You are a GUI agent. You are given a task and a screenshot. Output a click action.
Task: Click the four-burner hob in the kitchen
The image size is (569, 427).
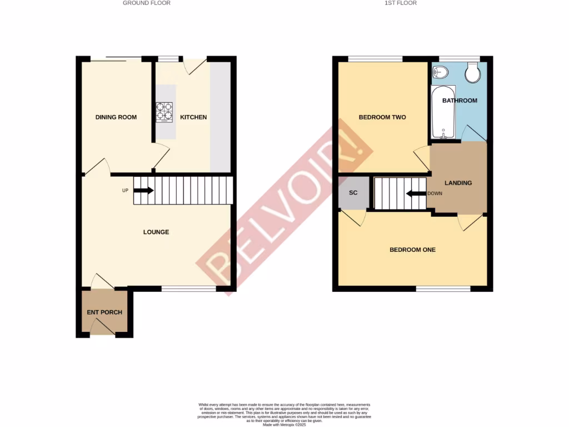164,112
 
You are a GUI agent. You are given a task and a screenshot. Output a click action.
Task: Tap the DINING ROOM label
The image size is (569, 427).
116,117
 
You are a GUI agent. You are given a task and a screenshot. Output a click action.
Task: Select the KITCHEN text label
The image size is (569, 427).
193,117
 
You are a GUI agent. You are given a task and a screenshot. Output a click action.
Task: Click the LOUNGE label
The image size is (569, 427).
156,232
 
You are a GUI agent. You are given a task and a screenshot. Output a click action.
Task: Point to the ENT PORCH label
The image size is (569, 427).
104,312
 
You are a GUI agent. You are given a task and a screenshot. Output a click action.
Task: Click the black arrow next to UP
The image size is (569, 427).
143,191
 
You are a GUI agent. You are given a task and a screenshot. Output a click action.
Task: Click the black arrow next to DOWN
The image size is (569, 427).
416,194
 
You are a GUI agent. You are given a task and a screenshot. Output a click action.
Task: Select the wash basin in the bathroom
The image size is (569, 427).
440,72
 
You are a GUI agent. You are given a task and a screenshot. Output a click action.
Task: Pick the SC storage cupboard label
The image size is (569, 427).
353,193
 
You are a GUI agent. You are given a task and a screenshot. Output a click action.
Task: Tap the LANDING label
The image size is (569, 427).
458,183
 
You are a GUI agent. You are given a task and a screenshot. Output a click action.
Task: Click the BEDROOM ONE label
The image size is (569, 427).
412,250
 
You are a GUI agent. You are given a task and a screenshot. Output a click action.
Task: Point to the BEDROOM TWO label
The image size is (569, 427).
382,117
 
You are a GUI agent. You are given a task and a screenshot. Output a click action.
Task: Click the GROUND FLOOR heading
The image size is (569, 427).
147,3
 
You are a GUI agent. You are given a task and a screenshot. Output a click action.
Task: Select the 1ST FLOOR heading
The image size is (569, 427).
401,3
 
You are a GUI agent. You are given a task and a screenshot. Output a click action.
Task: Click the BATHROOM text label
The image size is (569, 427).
460,101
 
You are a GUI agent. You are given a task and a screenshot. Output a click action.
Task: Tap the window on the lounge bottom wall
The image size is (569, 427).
189,289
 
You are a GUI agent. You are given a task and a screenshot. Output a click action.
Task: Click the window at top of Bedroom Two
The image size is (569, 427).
375,58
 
